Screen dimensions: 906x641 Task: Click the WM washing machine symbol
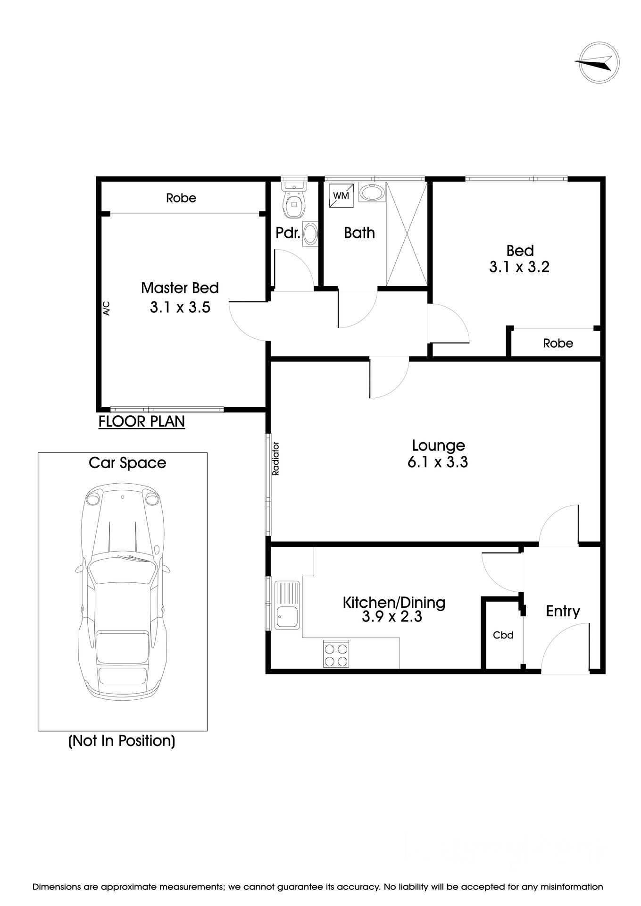pos(341,195)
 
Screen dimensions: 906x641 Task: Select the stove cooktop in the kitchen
pos(336,654)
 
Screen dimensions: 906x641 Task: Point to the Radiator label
pos(276,458)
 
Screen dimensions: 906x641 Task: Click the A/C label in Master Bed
pos(106,308)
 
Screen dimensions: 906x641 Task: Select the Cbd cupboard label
pos(503,635)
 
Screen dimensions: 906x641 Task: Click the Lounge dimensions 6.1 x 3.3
pos(438,462)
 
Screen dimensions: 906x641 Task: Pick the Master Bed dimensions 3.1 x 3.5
pos(180,308)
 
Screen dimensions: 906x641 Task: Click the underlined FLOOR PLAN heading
pos(142,421)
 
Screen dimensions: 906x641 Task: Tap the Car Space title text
pos(127,463)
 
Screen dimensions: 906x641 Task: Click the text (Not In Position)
pos(122,741)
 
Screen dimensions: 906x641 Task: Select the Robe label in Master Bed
pos(181,198)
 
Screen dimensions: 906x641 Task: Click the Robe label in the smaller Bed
pos(558,344)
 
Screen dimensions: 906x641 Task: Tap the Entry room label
pos(563,612)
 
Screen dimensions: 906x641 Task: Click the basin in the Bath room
pos(372,193)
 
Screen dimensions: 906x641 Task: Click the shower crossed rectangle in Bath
pos(407,234)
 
